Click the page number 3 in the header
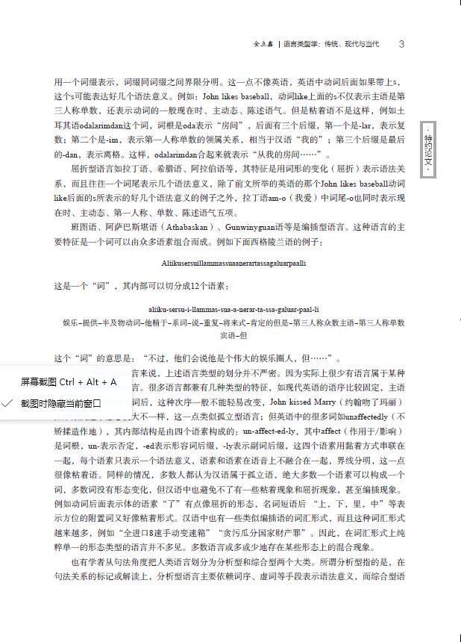(401, 44)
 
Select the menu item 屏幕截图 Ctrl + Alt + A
(68, 381)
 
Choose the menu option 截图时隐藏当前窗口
(60, 403)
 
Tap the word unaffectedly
(362, 417)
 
